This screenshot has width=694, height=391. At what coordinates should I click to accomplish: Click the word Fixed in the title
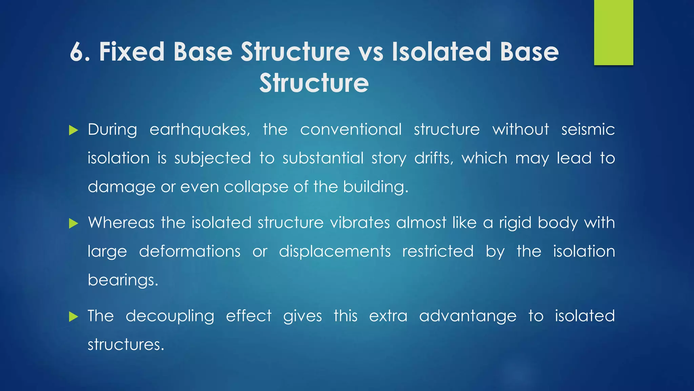click(x=132, y=52)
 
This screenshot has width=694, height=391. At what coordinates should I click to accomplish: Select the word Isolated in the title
click(x=442, y=52)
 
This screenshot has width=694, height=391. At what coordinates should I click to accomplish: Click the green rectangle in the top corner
click(x=613, y=32)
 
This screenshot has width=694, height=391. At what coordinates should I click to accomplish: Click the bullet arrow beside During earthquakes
click(x=74, y=130)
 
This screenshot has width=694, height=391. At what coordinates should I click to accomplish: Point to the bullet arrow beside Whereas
click(x=74, y=223)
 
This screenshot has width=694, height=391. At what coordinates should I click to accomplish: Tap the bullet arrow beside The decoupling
click(x=74, y=317)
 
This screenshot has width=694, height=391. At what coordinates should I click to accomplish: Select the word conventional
click(x=351, y=130)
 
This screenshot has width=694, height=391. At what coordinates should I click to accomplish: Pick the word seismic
click(x=588, y=130)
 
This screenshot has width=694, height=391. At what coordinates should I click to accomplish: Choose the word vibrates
click(x=360, y=223)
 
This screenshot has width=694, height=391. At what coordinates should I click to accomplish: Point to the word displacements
click(x=335, y=252)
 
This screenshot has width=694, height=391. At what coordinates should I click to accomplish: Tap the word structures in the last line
click(x=126, y=345)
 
